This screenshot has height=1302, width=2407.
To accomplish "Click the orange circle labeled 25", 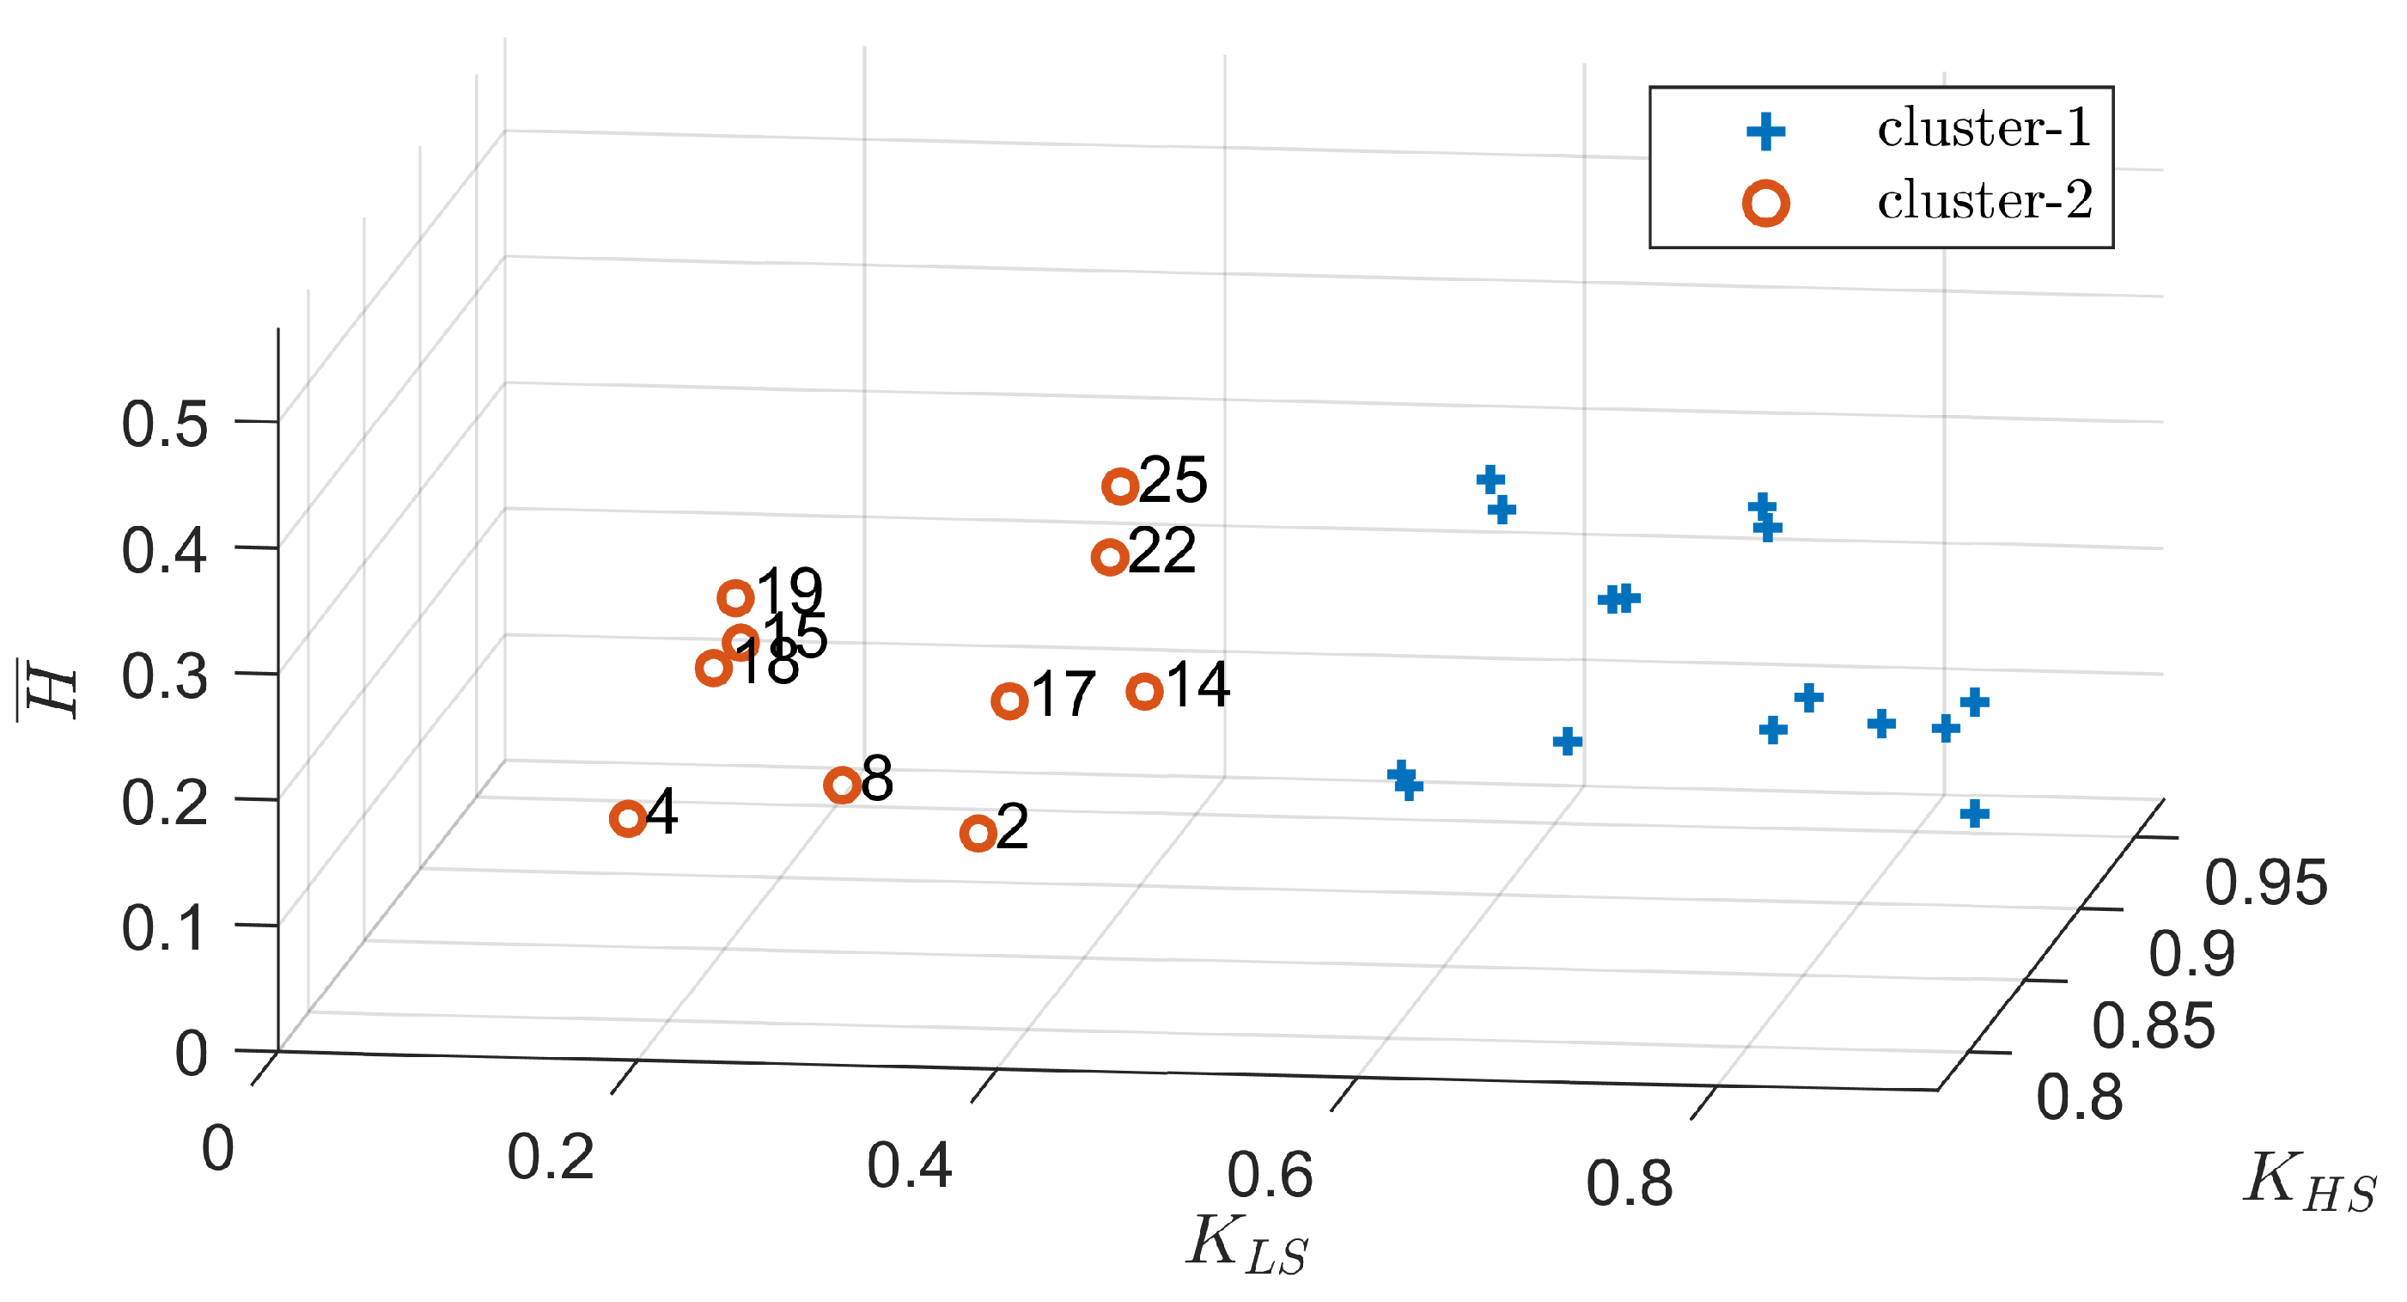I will point(1119,486).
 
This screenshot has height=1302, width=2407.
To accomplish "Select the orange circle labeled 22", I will point(1109,557).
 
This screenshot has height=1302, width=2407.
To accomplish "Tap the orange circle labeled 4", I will point(628,819).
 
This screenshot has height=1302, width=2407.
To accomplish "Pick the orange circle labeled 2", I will point(978,833).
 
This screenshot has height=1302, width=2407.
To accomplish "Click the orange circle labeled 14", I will point(1144,692).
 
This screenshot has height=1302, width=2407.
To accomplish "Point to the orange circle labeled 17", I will point(1009,700).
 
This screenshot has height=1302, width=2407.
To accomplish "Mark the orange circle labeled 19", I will point(735,597).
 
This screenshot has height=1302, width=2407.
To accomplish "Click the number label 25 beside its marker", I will point(1173,480).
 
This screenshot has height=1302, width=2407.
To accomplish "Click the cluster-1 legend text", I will point(1984,129).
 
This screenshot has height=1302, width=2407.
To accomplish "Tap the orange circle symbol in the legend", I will point(1765,203).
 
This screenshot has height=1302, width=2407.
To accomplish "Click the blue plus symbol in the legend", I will point(1765,131).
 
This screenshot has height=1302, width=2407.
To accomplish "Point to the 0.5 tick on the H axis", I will point(164,425).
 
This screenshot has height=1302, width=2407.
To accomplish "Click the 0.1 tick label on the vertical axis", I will point(164,929).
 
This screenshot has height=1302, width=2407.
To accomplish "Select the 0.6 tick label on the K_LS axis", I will point(1270,1176).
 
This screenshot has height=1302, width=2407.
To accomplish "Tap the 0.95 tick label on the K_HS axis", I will point(2265,883).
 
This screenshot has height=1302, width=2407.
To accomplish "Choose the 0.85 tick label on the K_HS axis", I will point(2153,1025).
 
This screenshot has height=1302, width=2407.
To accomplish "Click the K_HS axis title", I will point(2309,1182).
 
